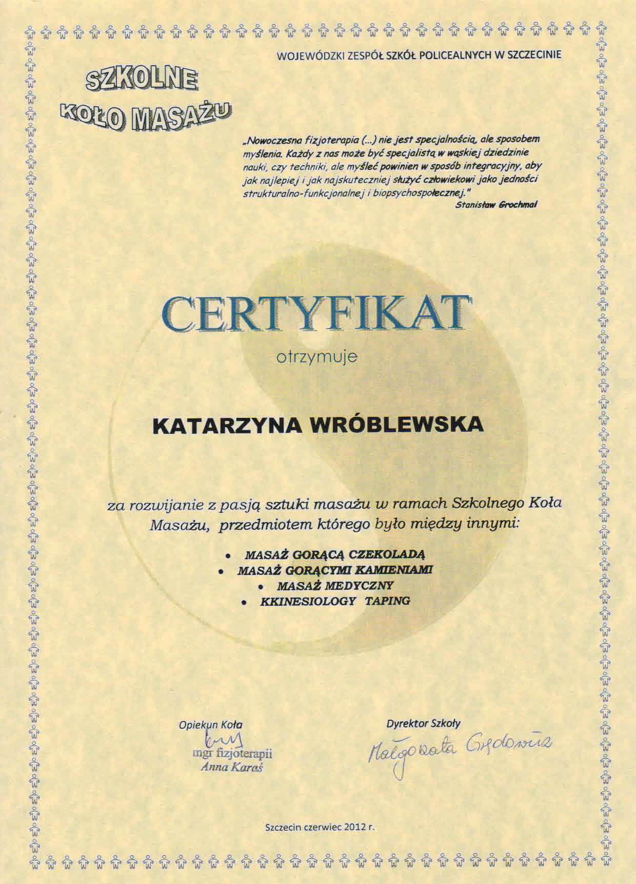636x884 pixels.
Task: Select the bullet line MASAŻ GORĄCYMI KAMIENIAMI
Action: pos(336,570)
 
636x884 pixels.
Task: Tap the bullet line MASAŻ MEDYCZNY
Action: pos(335,585)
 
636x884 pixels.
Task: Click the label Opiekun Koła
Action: pos(210,725)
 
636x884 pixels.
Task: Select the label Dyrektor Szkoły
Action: pos(423,723)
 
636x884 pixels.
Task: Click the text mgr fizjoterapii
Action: pos(232,754)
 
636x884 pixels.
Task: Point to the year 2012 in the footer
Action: pos(355,827)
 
